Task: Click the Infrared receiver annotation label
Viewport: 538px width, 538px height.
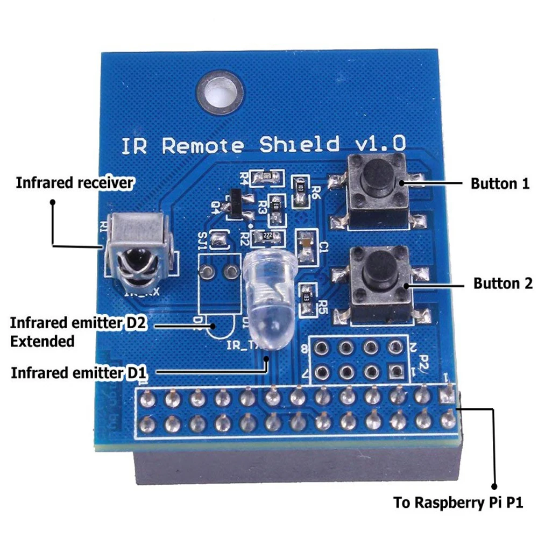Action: tap(75, 183)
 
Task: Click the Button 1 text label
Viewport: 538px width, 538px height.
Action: tap(500, 183)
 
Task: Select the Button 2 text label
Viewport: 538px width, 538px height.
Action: tap(503, 283)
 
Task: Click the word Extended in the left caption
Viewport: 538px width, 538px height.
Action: tap(43, 341)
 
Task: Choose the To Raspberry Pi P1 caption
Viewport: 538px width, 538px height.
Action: tap(458, 503)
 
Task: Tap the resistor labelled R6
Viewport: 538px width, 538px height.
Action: tap(300, 188)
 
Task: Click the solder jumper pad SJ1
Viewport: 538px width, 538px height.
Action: tap(220, 238)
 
